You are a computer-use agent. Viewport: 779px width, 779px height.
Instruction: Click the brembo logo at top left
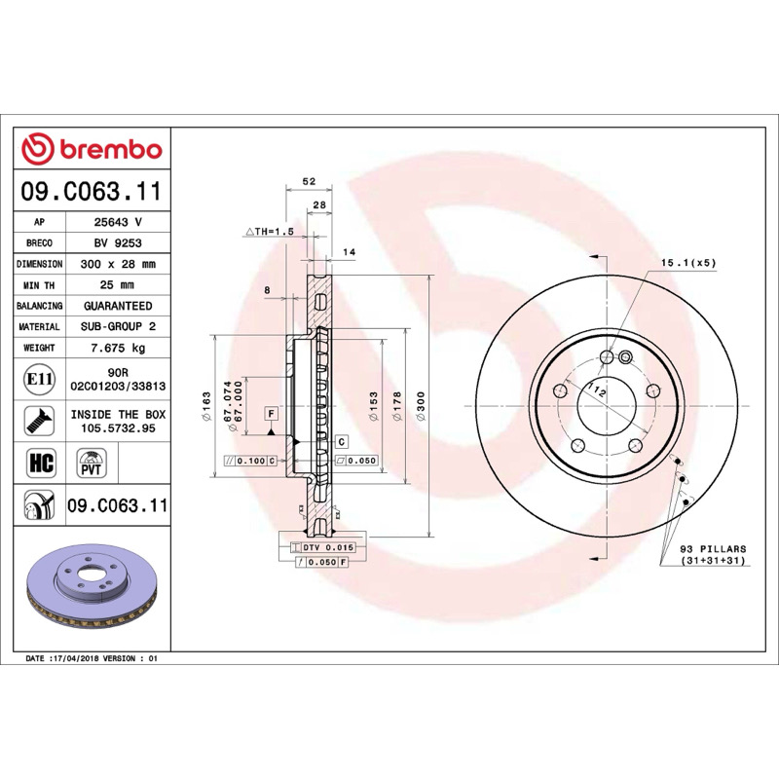click(92, 149)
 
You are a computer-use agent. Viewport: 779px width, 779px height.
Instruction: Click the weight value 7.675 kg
click(118, 348)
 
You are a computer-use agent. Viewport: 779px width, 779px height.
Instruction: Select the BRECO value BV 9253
click(118, 242)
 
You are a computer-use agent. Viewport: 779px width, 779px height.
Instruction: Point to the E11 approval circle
click(39, 380)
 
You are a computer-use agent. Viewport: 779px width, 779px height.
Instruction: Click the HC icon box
click(41, 462)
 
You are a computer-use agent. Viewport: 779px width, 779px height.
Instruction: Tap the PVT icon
click(92, 464)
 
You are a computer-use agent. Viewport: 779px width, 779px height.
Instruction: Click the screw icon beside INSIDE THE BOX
click(39, 421)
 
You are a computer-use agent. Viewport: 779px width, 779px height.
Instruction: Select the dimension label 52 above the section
click(309, 181)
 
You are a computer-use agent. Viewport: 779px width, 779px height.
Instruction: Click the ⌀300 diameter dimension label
click(421, 406)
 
